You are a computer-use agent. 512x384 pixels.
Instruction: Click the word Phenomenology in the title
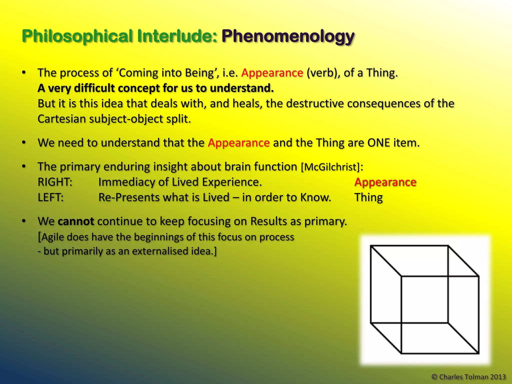[288, 36]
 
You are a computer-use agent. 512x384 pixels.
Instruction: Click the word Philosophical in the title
[77, 36]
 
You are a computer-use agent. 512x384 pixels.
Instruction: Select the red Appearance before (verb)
[272, 73]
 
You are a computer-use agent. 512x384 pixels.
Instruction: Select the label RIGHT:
[55, 182]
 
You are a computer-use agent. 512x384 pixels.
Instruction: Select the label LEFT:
[51, 197]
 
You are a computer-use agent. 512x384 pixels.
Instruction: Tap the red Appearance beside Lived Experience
[385, 182]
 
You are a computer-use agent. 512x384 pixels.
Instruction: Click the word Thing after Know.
[368, 197]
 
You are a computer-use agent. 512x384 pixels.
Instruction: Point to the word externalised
[160, 251]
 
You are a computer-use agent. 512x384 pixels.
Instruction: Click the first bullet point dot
[24, 73]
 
